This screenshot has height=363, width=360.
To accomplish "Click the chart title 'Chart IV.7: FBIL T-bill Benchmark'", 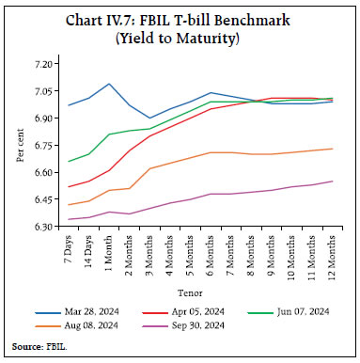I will (x=180, y=18).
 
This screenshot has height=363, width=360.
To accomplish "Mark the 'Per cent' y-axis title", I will (x=21, y=146).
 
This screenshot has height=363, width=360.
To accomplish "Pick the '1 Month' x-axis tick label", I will (x=112, y=254).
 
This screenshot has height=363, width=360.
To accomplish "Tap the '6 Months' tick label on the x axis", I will (x=211, y=256).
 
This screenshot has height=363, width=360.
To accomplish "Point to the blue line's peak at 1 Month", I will (x=111, y=84).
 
